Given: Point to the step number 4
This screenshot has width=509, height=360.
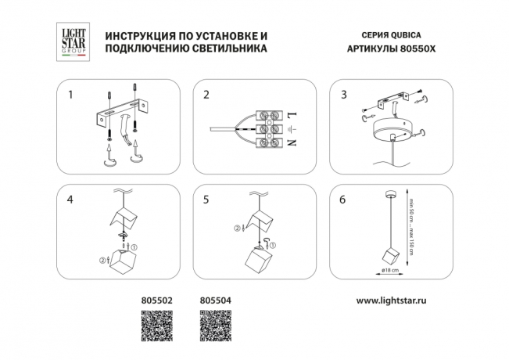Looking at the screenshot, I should pos(70,200).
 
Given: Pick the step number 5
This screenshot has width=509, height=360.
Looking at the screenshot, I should pos(206,200).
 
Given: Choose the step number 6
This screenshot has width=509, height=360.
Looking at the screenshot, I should pos(343,200).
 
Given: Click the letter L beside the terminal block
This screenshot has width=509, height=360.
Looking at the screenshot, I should pos(290,114).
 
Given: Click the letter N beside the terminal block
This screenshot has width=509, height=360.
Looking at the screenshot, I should pos(290,144).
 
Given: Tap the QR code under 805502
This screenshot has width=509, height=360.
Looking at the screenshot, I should pos(156,325).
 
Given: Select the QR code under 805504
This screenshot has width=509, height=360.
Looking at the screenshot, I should pos(216,325).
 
